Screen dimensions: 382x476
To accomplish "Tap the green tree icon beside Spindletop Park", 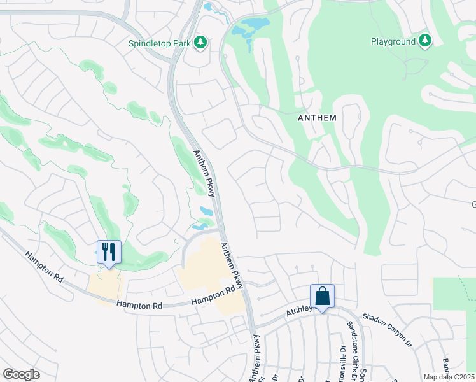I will coord(202,42).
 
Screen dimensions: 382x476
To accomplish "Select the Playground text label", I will coord(393,41).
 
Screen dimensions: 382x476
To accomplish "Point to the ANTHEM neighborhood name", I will coord(317,118).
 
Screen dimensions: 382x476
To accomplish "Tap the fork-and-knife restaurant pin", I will coord(108,252).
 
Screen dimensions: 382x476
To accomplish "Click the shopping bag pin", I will coord(322,297).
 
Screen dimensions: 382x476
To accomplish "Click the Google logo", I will coord(21,374).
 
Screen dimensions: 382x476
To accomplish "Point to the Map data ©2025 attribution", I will coord(449,377).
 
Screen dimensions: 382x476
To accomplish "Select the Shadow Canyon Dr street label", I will coord(388,326).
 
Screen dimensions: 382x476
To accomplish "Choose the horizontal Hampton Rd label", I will coord(140,306).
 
